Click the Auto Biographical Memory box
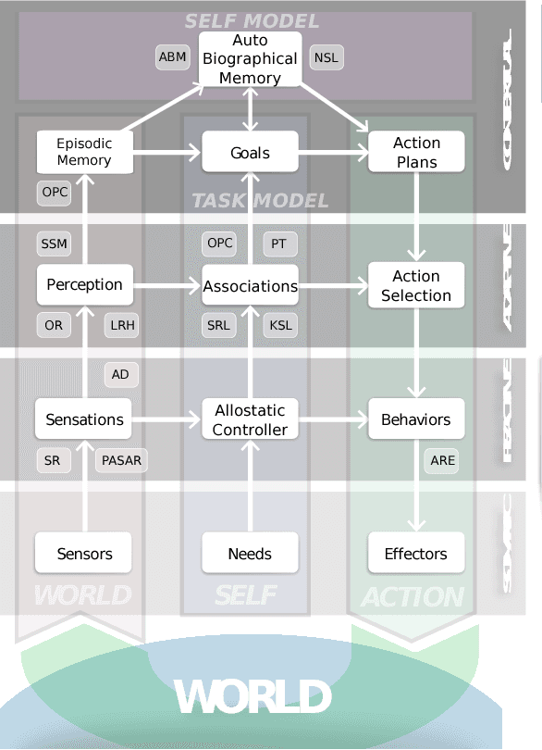[250, 59]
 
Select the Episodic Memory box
[84, 152]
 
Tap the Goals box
[250, 152]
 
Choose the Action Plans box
[416, 152]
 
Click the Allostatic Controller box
[250, 419]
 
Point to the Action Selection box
[416, 285]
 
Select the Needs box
[250, 554]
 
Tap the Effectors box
[416, 554]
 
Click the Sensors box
[84, 554]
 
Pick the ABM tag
[173, 57]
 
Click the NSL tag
[326, 57]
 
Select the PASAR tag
[120, 460]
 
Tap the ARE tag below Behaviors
[443, 460]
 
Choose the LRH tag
[122, 325]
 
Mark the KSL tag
[280, 325]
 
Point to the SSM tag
[54, 244]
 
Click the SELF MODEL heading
[252, 20]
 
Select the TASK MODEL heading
[259, 201]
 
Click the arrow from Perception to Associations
[167, 285]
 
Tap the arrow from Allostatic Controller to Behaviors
[333, 419]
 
